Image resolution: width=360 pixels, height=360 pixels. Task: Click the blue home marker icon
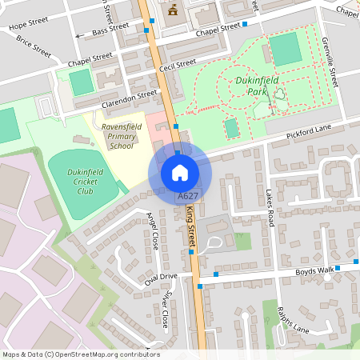(180, 172)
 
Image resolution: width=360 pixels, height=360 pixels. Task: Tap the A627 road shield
(188, 196)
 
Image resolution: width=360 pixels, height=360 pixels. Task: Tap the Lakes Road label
(270, 206)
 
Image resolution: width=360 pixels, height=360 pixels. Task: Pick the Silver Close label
(163, 308)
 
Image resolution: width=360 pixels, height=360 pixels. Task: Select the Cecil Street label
(177, 63)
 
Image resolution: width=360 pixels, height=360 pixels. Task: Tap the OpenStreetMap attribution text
(81, 354)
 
